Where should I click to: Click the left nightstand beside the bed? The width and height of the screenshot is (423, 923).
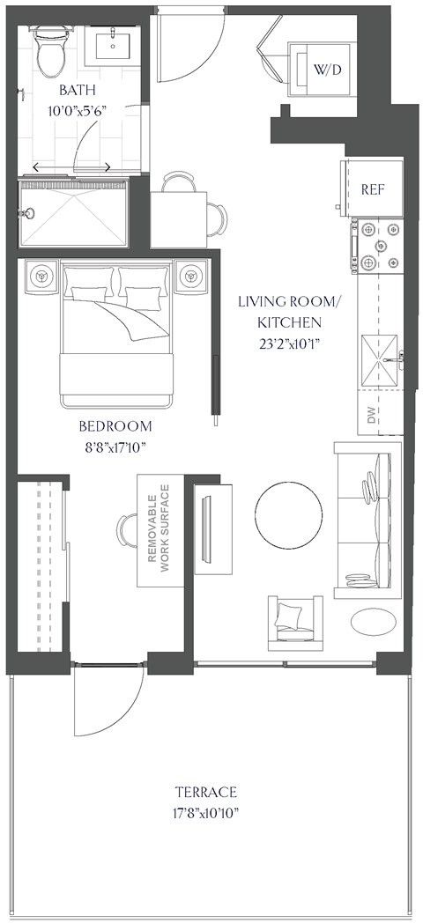pyautogui.click(x=41, y=277)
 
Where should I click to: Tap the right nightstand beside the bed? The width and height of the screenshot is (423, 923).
pyautogui.click(x=189, y=277)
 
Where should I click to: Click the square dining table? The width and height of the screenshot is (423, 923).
pyautogui.click(x=180, y=219)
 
